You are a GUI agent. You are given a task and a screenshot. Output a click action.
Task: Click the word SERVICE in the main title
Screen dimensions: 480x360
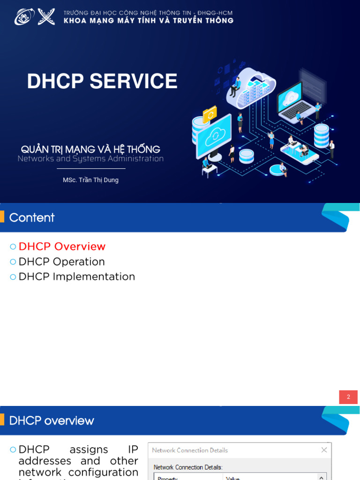(x=134, y=82)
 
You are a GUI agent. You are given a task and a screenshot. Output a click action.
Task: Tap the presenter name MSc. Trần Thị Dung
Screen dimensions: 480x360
(x=90, y=180)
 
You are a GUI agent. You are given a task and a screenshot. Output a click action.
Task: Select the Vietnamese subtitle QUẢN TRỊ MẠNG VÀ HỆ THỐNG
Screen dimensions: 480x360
(x=90, y=150)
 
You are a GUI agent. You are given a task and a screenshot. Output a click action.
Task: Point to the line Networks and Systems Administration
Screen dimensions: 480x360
(x=90, y=159)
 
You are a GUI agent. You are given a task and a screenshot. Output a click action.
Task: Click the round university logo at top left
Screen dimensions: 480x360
(x=24, y=17)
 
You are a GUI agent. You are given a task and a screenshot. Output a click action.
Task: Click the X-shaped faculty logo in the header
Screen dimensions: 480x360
(x=46, y=16)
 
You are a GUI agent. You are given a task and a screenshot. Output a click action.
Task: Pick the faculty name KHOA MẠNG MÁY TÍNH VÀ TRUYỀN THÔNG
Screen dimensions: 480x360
(x=148, y=21)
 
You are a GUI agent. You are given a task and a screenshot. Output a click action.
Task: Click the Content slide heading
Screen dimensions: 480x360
(x=32, y=217)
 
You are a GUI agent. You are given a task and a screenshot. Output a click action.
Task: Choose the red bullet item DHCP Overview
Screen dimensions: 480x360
(x=62, y=247)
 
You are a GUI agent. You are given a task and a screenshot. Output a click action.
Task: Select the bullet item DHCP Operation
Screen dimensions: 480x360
(x=61, y=262)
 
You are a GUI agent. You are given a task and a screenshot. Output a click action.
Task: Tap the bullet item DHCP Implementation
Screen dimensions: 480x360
(x=76, y=277)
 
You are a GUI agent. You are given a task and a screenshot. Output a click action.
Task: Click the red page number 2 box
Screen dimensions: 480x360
(x=348, y=397)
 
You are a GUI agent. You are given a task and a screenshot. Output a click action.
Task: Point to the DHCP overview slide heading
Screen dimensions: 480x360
(x=52, y=421)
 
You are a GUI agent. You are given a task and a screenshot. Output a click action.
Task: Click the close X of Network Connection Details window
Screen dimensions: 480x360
(x=324, y=450)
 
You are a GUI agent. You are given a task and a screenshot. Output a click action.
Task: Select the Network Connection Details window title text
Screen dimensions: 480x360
(x=190, y=450)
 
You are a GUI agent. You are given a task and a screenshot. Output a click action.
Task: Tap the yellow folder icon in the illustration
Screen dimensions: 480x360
(x=210, y=114)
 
